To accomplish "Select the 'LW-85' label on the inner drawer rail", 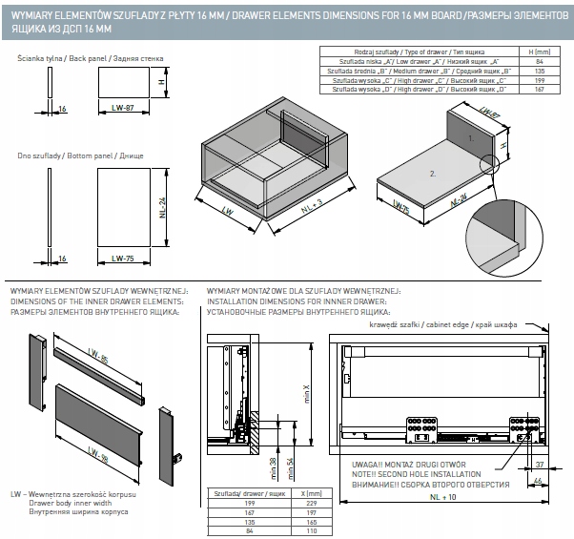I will [99, 361].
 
